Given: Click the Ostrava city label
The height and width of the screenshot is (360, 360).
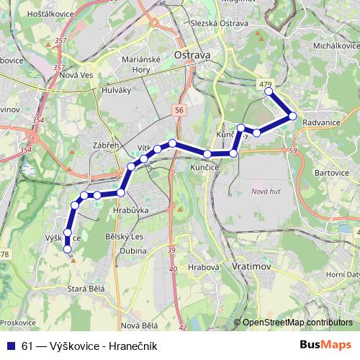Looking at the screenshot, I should pyautogui.click(x=192, y=55).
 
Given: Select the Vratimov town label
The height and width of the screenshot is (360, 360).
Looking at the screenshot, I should pyautogui.click(x=251, y=266).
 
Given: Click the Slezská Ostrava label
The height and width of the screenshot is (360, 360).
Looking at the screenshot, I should pyautogui.click(x=219, y=24).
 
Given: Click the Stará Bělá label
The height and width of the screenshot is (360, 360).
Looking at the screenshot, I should pyautogui.click(x=86, y=289).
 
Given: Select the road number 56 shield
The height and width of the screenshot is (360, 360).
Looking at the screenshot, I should pyautogui.click(x=179, y=109).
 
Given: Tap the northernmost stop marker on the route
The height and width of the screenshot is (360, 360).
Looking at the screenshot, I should pyautogui.click(x=269, y=91).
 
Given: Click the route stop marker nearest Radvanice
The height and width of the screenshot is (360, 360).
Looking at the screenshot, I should pyautogui.click(x=292, y=116).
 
